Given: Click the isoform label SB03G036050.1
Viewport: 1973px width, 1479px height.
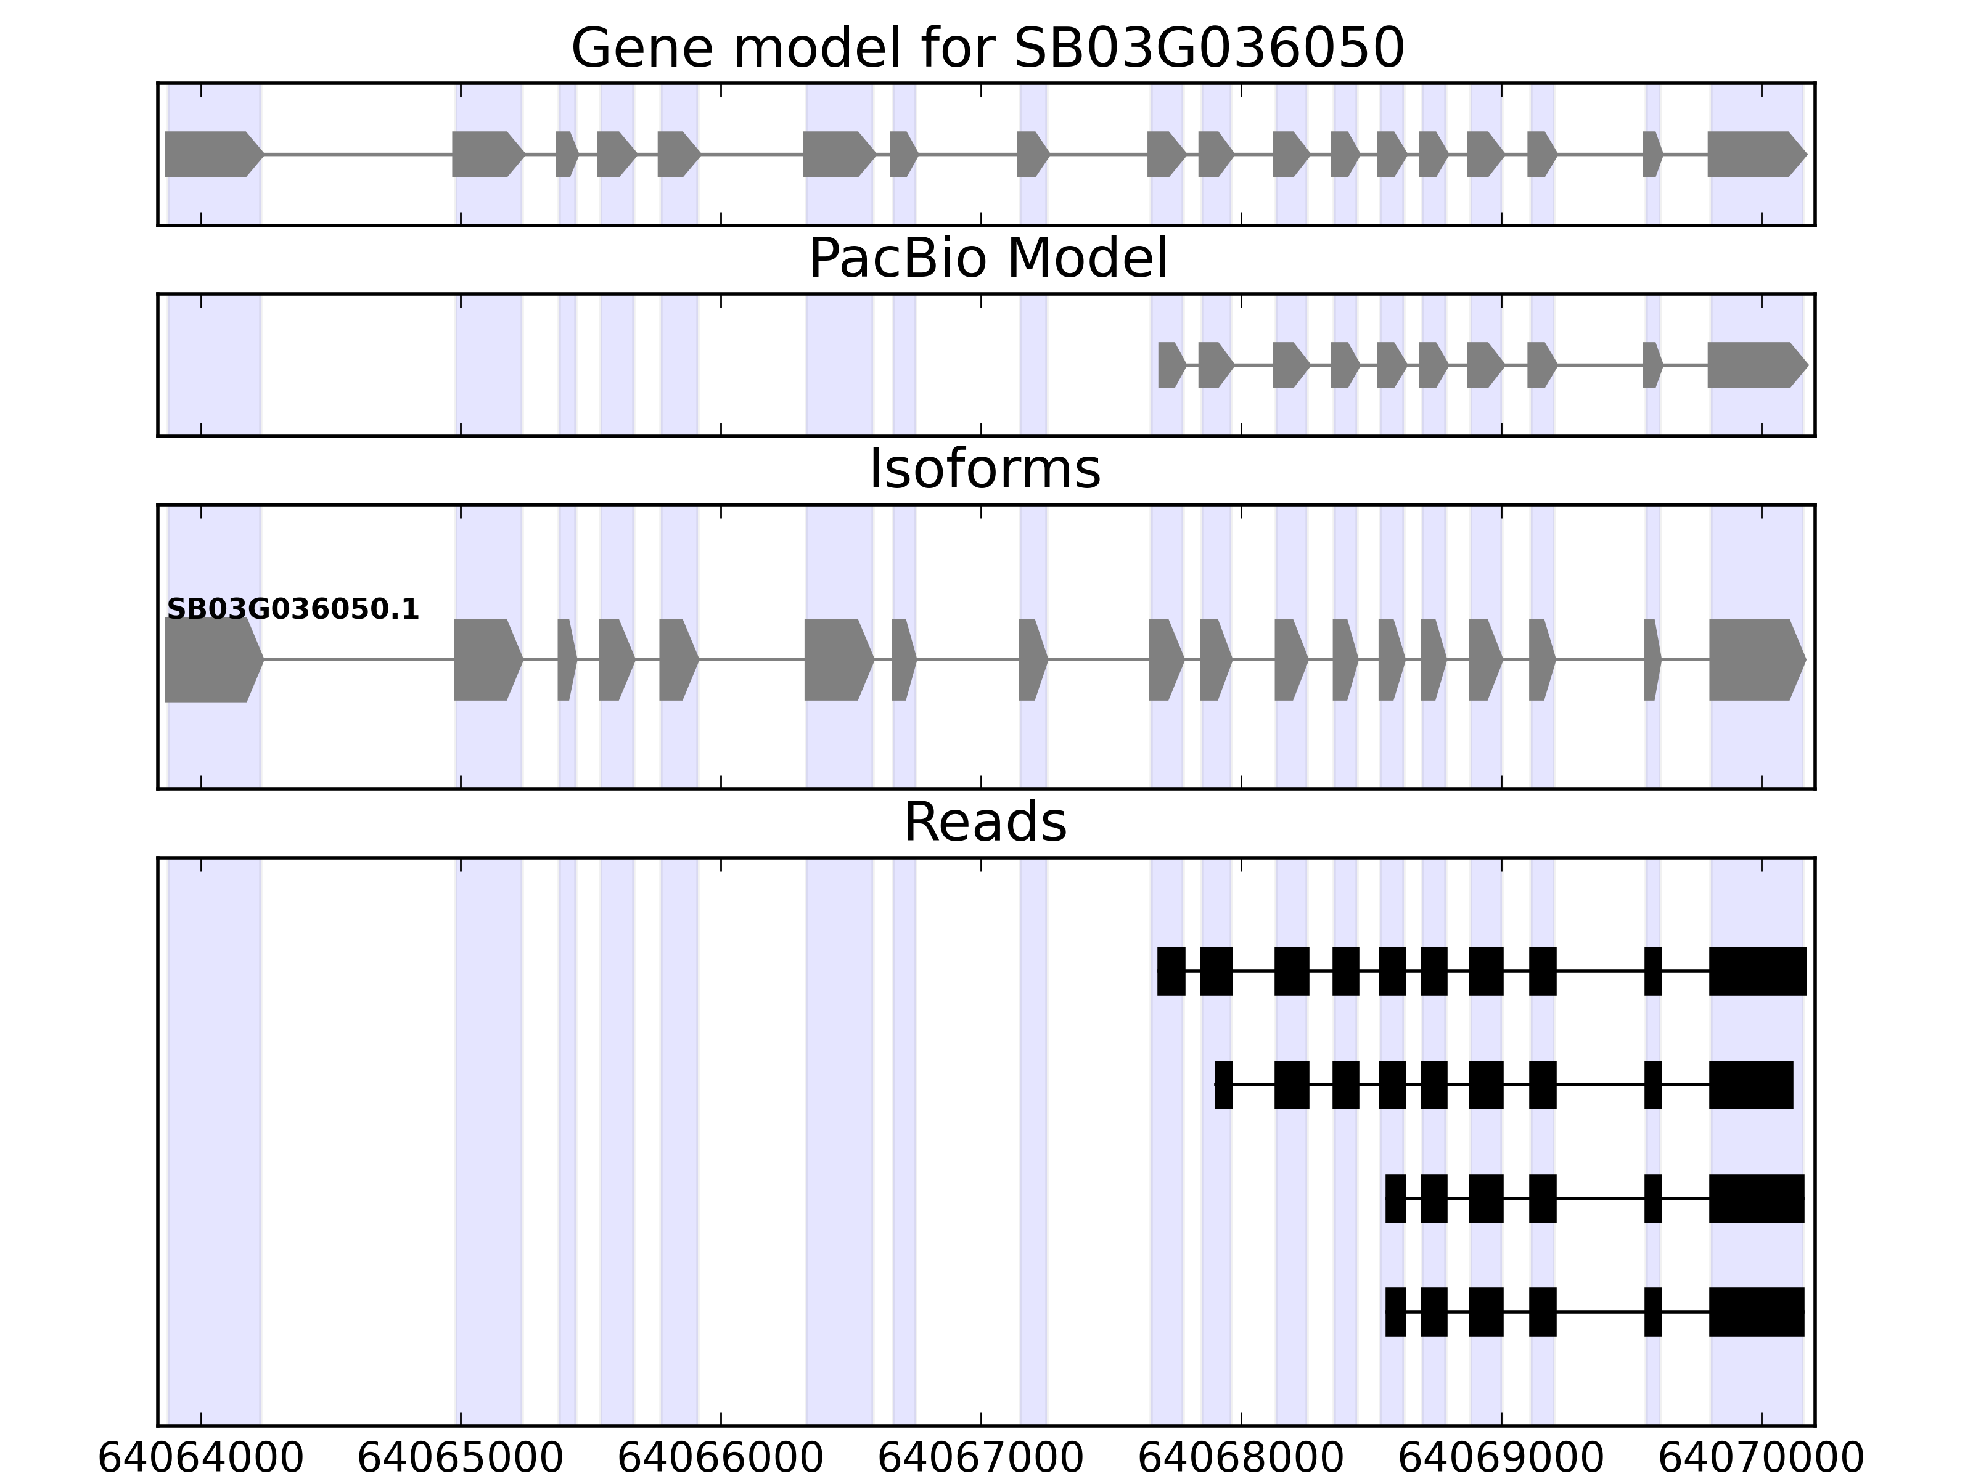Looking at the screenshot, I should point(293,610).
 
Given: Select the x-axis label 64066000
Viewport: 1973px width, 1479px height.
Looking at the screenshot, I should point(721,1459).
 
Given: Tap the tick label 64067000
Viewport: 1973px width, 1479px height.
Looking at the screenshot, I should point(981,1459).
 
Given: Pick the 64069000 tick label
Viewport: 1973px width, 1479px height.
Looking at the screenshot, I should point(1501,1459).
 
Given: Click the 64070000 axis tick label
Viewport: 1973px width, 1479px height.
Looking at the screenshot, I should point(1762,1459).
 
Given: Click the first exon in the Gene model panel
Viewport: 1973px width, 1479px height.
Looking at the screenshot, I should point(210,154).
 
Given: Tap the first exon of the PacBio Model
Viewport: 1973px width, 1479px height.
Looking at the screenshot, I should point(1170,365).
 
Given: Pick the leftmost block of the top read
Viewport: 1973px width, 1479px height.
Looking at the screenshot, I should point(1171,971).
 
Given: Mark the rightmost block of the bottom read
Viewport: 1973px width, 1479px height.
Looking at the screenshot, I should point(1756,1312).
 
